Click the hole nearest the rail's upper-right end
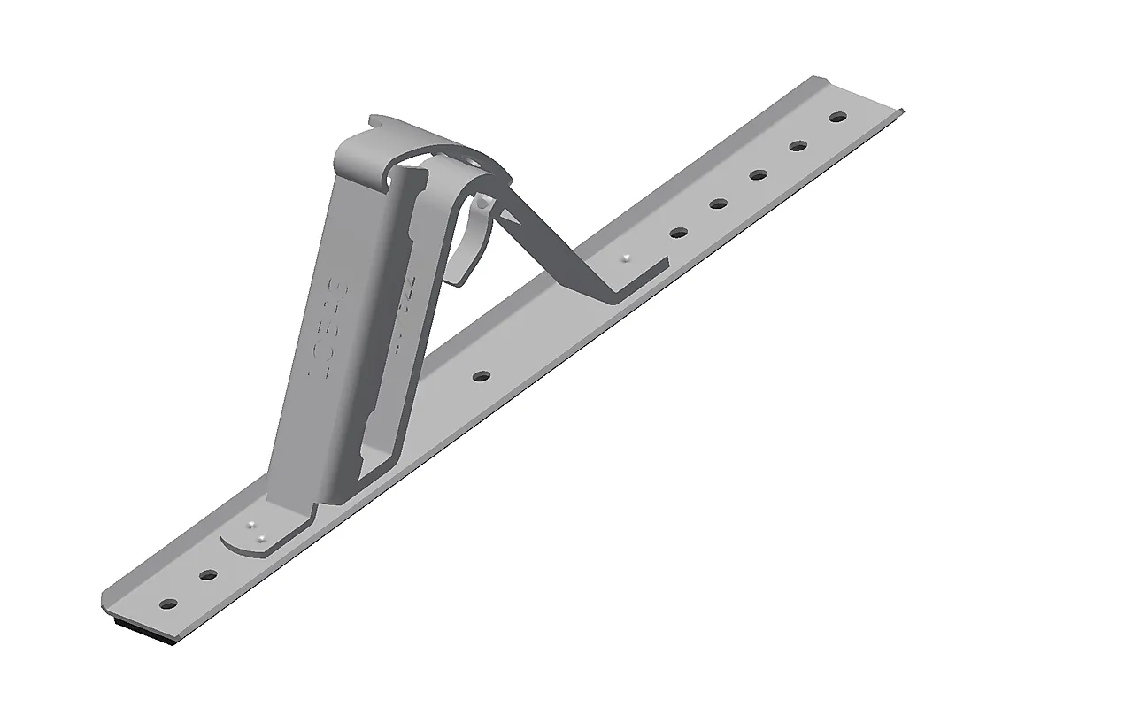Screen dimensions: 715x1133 836,117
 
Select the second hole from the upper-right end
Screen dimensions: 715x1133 798,146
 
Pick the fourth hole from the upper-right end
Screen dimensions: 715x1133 718,204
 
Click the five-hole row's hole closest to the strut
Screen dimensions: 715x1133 678,234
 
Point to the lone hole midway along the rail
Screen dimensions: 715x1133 481,376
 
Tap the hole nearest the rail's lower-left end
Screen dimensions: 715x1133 167,605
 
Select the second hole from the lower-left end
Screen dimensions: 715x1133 208,575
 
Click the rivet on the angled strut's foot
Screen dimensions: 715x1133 627,258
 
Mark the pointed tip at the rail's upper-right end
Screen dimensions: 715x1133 901,111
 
